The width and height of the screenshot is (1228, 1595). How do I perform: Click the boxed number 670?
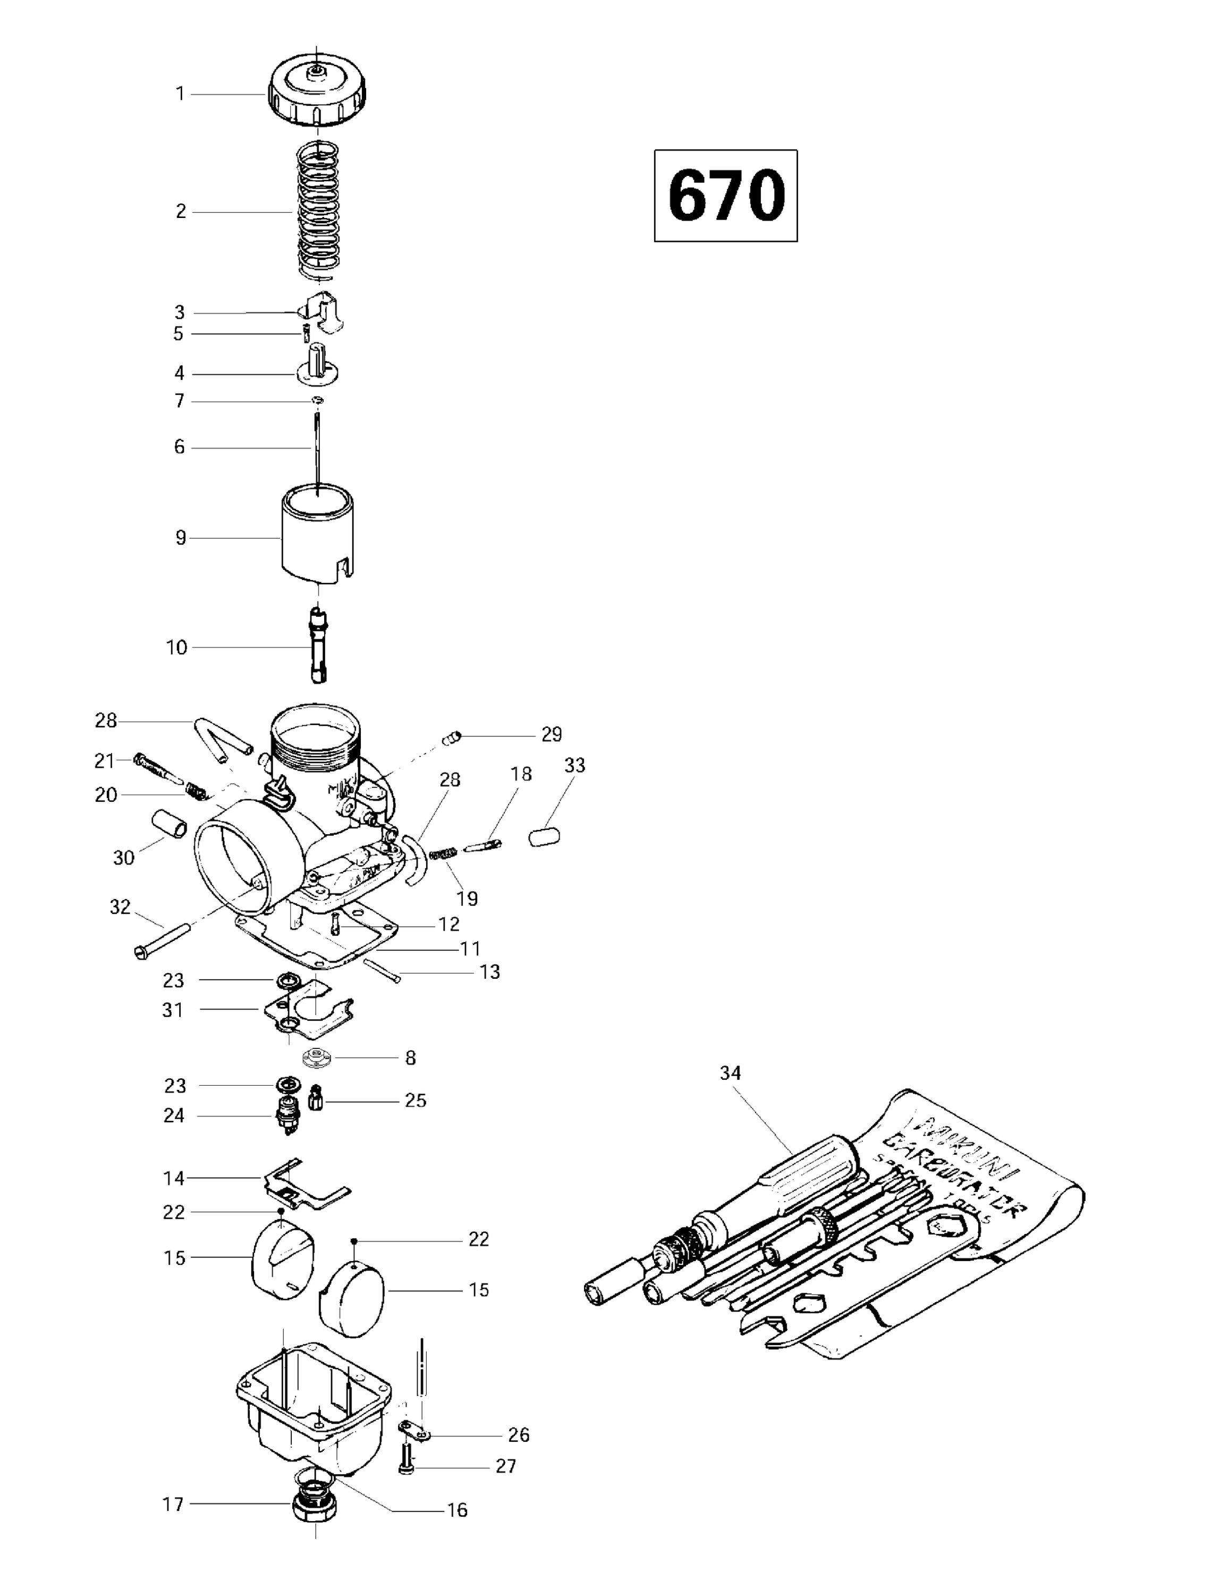pyautogui.click(x=726, y=196)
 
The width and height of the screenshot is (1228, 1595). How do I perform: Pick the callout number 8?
pyautogui.click(x=410, y=1057)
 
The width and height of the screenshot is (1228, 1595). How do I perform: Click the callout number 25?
pyautogui.click(x=416, y=1100)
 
